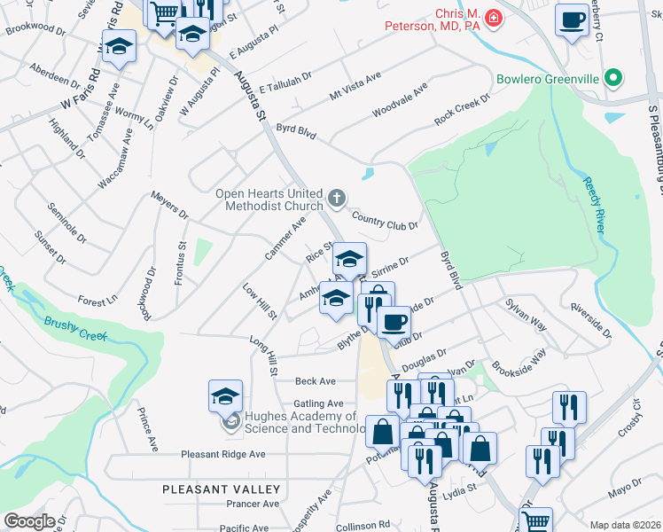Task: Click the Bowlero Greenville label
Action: [548, 78]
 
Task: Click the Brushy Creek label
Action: [75, 326]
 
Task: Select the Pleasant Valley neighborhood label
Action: [222, 489]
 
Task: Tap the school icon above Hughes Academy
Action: [226, 396]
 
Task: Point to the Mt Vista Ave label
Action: [355, 85]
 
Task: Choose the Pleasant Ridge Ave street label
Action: [223, 454]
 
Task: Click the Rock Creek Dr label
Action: [461, 109]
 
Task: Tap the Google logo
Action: [30, 521]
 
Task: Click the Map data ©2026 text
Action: [625, 525]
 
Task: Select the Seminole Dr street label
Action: [69, 226]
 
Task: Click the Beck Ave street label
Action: [316, 381]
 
